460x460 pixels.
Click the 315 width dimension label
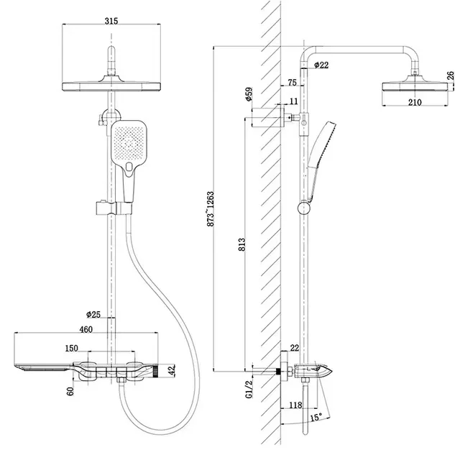pyautogui.click(x=111, y=21)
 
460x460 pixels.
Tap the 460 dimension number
pyautogui.click(x=86, y=329)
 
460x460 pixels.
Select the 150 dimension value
pyautogui.click(x=72, y=348)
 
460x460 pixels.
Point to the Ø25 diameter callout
pyautogui.click(x=93, y=315)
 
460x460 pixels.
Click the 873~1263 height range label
pyautogui.click(x=211, y=209)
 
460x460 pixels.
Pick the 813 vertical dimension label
pyautogui.click(x=241, y=244)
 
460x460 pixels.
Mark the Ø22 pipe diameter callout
pyautogui.click(x=321, y=65)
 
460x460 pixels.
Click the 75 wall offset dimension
pyautogui.click(x=293, y=83)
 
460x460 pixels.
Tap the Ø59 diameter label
pyautogui.click(x=249, y=94)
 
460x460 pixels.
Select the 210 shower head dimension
pyautogui.click(x=415, y=102)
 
